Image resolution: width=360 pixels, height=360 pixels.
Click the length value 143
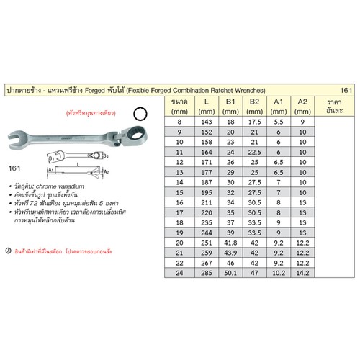pyautogui.click(x=207, y=123)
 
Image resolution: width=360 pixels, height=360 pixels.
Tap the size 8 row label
pyautogui.click(x=179, y=123)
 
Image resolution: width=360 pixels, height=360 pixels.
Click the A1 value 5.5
pyautogui.click(x=278, y=123)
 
